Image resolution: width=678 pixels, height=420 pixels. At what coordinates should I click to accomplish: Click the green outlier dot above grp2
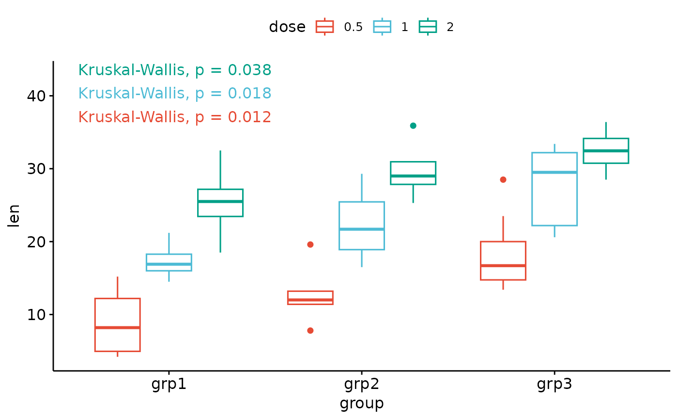tap(413, 126)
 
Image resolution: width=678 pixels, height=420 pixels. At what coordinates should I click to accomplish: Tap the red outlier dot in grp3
tap(503, 180)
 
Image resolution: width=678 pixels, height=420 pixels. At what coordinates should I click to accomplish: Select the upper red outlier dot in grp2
tap(310, 244)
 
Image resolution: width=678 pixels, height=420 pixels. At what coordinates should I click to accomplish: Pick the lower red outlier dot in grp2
tap(310, 331)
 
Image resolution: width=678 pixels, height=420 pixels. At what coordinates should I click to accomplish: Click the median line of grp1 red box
tap(117, 327)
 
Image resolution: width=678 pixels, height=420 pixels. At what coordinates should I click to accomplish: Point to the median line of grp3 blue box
tap(555, 173)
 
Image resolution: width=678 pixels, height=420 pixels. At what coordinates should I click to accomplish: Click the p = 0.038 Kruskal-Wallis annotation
tap(175, 70)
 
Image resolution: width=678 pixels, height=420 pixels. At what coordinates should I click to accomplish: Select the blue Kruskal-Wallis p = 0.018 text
tap(175, 93)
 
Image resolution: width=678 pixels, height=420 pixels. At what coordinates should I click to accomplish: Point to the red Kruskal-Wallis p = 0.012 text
tap(175, 117)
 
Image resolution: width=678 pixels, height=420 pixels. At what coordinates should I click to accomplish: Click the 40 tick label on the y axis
tap(36, 96)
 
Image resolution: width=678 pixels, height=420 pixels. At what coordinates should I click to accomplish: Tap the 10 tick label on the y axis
tap(36, 315)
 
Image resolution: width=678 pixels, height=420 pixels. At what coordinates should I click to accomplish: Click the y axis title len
tap(14, 216)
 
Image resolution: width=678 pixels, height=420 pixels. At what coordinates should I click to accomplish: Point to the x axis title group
tap(362, 404)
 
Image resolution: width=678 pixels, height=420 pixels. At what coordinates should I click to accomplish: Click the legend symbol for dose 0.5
tap(325, 27)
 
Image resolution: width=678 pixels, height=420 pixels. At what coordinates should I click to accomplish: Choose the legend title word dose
tap(287, 27)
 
